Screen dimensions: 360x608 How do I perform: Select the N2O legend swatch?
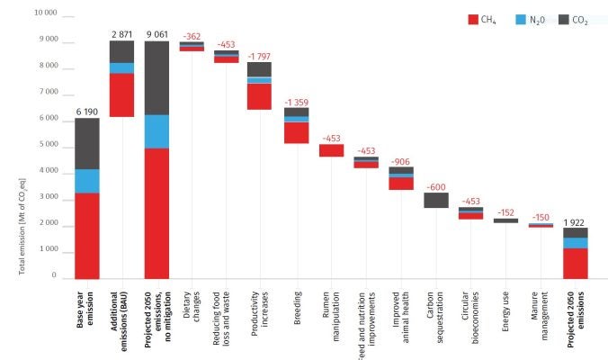tap(523, 18)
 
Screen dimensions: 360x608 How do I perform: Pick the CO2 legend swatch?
tap(567, 18)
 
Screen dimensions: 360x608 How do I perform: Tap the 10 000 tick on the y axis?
tap(44, 13)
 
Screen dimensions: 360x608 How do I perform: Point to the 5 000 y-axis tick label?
tap(47, 145)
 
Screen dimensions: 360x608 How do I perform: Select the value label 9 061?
tap(156, 33)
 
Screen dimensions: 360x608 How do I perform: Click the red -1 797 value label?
tap(260, 55)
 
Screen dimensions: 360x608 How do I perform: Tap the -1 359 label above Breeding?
tap(296, 102)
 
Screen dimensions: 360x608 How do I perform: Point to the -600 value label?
tap(436, 185)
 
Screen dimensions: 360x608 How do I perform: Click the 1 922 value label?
tap(576, 221)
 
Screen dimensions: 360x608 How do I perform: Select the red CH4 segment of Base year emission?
tap(86, 236)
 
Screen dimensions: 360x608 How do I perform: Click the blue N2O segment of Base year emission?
tap(86, 181)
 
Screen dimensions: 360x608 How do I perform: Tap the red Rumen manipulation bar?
tap(331, 150)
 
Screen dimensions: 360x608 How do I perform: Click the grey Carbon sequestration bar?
tap(436, 200)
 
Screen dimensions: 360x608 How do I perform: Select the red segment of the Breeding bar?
tap(296, 132)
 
